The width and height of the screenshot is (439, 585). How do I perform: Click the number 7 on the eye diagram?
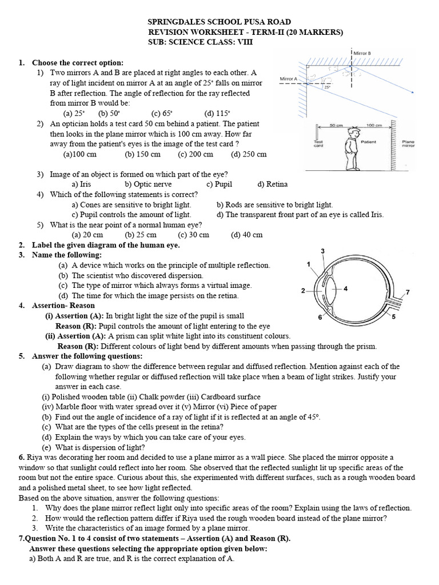[x=407, y=292]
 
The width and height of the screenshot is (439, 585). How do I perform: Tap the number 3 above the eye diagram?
[x=323, y=251]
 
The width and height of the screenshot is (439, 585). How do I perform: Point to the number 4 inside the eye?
[x=346, y=288]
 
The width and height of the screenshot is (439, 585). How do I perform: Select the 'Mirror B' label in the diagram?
[x=362, y=53]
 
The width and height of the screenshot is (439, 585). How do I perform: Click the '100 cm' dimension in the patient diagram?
[x=374, y=124]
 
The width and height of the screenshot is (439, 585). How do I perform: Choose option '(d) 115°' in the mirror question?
[x=216, y=113]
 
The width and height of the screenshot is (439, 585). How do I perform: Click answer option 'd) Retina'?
[x=273, y=184]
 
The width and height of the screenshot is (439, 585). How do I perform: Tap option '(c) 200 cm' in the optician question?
[x=195, y=154]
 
